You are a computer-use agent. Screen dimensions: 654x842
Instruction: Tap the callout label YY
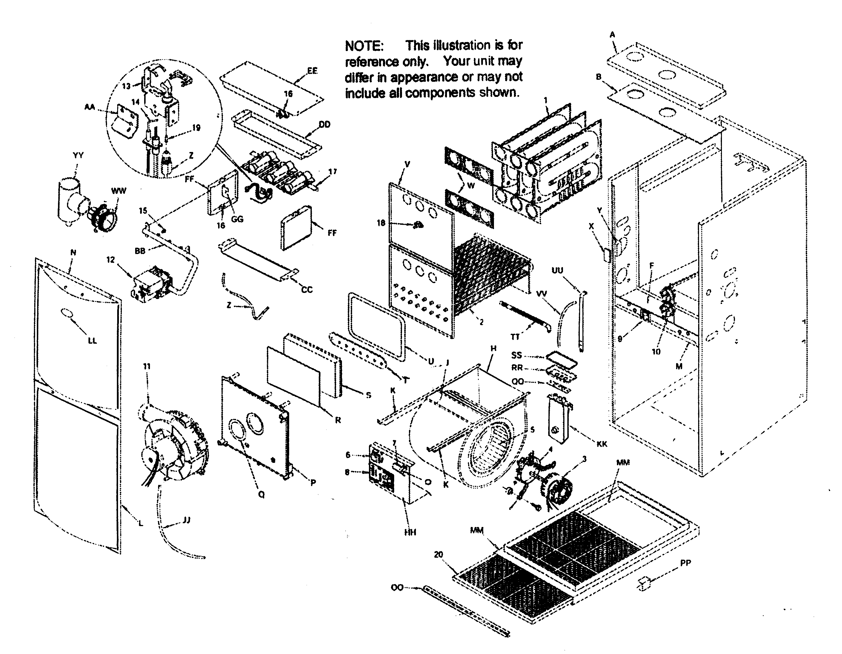pyautogui.click(x=78, y=155)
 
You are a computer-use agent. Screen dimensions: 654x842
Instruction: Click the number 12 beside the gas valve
pyautogui.click(x=111, y=260)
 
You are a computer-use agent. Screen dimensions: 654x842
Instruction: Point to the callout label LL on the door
pyautogui.click(x=92, y=340)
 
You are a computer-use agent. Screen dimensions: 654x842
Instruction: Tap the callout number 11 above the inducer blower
pyautogui.click(x=147, y=366)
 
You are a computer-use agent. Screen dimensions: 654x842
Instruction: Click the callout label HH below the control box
pyautogui.click(x=410, y=532)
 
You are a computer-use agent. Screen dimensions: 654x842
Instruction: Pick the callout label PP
pyautogui.click(x=685, y=563)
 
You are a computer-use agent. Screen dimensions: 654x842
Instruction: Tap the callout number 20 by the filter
pyautogui.click(x=438, y=555)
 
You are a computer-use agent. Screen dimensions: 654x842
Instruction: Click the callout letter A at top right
pyautogui.click(x=612, y=35)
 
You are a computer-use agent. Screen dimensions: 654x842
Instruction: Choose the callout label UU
pyautogui.click(x=557, y=270)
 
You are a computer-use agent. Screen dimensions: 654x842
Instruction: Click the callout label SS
pyautogui.click(x=516, y=355)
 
